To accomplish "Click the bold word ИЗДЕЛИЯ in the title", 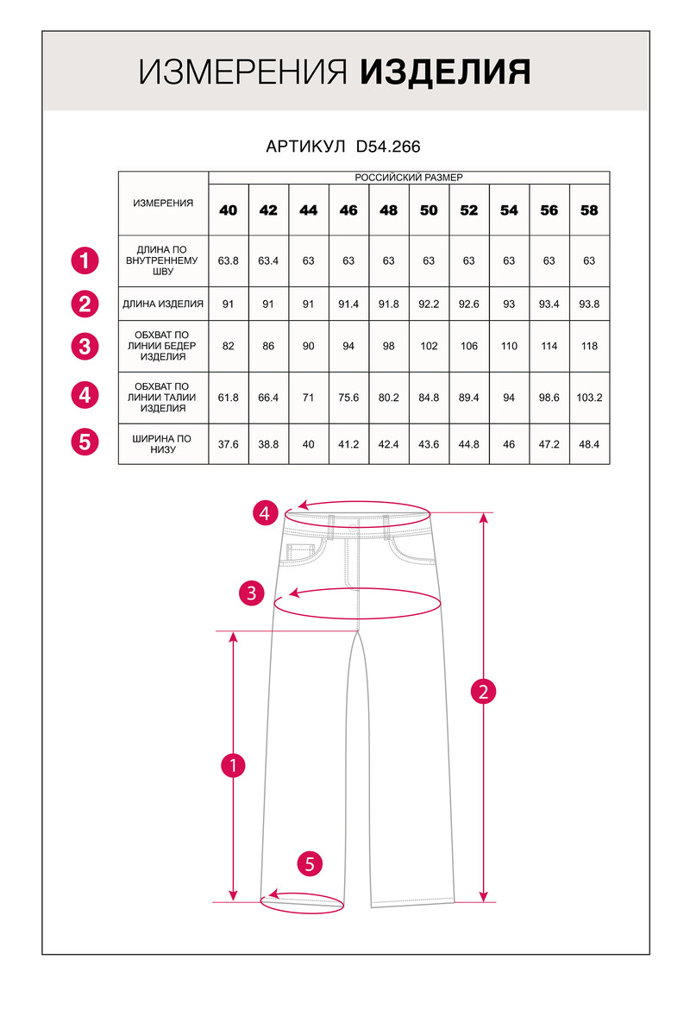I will click(x=444, y=73).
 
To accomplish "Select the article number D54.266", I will click(x=388, y=147).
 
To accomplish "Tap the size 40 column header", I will click(x=228, y=210).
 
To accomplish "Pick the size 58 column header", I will click(x=589, y=210).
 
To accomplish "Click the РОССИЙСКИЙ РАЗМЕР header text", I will click(x=409, y=178).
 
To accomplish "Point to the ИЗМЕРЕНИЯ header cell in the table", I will click(x=163, y=203).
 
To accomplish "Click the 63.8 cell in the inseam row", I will click(x=228, y=260).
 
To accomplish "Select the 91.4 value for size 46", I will click(x=348, y=304).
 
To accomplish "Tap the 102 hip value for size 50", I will click(x=429, y=346).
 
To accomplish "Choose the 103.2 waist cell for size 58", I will click(x=589, y=398).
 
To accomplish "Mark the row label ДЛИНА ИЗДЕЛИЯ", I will click(x=163, y=304).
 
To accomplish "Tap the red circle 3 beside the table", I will click(x=85, y=347).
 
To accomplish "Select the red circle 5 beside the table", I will click(x=85, y=442).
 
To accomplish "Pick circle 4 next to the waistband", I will click(x=267, y=514).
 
